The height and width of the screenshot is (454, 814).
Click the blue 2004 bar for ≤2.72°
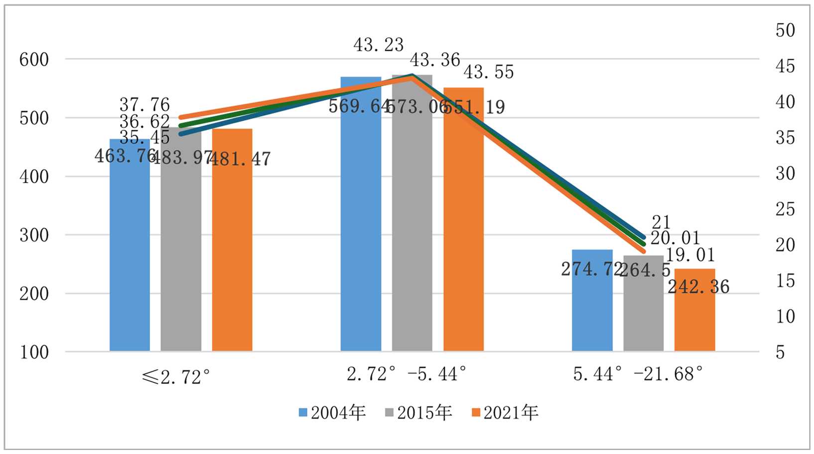[130, 249]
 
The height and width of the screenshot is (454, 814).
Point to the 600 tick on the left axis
[34, 60]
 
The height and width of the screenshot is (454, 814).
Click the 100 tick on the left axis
[34, 352]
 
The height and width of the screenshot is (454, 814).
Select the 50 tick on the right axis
[785, 30]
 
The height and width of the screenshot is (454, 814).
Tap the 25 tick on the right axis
[785, 209]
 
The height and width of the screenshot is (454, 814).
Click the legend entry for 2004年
[333, 413]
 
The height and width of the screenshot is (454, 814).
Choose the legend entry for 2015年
[419, 413]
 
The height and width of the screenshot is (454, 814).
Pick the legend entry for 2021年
[505, 413]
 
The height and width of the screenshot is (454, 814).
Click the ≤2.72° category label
[176, 377]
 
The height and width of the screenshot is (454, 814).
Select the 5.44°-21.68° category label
[638, 373]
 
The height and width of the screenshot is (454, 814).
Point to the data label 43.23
[379, 45]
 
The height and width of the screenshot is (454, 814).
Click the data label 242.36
[698, 287]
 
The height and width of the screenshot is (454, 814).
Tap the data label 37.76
[144, 105]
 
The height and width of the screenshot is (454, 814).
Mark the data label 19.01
[690, 255]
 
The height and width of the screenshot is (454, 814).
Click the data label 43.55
[488, 72]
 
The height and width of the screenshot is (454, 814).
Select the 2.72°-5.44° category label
[407, 373]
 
